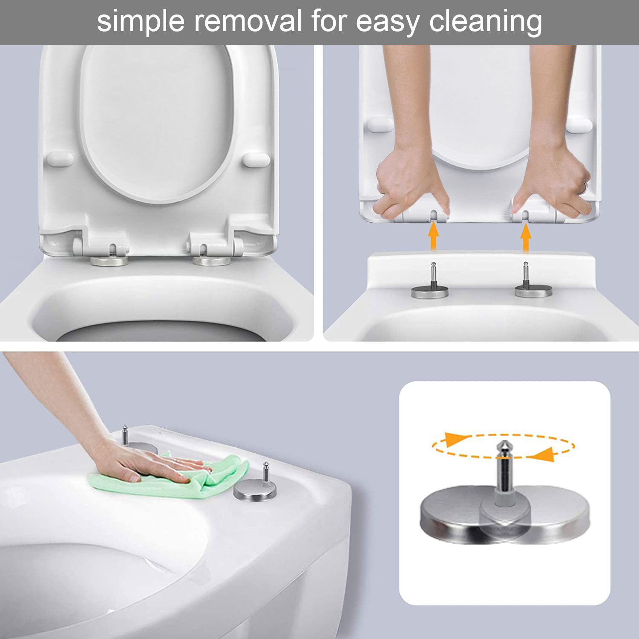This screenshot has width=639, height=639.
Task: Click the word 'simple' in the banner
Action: (x=141, y=21)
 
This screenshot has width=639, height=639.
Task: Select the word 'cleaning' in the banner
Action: (x=486, y=21)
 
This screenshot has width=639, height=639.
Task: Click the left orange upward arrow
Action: (x=433, y=237)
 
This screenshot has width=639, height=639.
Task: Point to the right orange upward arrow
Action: (x=526, y=237)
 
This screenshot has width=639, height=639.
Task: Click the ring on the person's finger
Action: (x=586, y=186)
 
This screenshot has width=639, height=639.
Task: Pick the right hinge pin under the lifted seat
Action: (x=526, y=275)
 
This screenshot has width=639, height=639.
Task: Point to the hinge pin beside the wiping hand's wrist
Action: (x=125, y=435)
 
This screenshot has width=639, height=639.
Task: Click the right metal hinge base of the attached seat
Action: (x=212, y=261)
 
